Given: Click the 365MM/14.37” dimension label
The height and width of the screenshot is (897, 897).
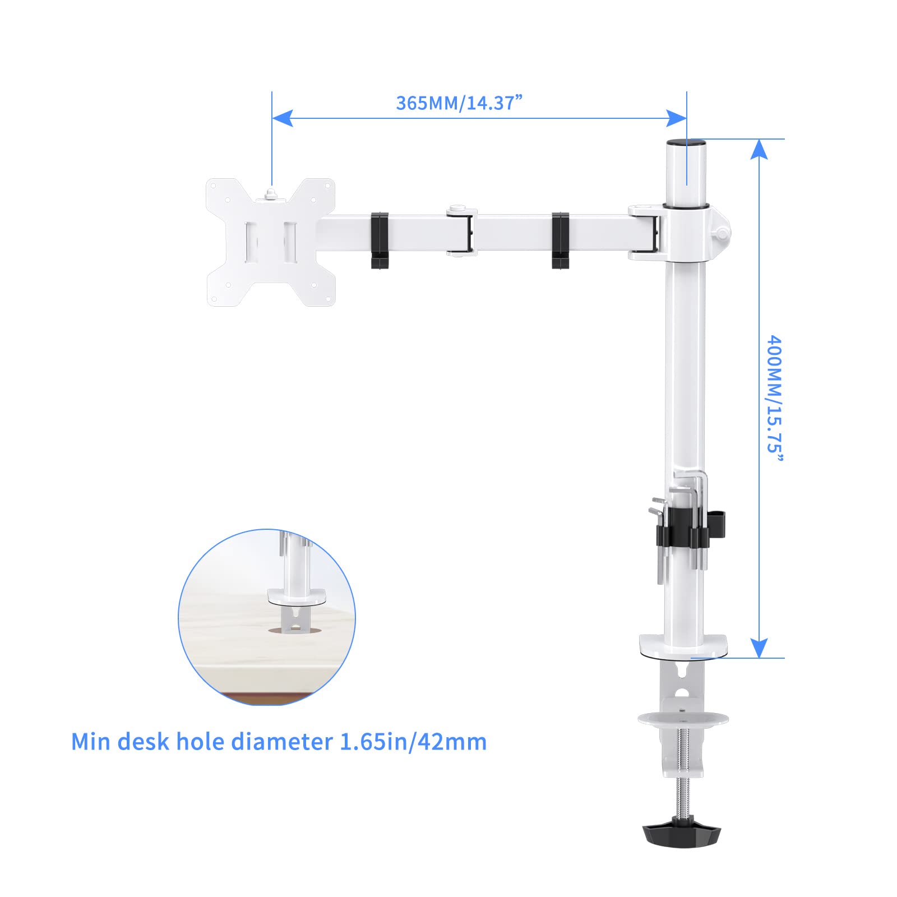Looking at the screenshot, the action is (459, 103).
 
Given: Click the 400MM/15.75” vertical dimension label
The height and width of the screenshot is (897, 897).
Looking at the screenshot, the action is (774, 399).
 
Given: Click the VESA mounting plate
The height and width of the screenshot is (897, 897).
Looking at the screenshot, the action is (270, 242).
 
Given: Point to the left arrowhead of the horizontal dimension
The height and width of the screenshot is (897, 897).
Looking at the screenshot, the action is (282, 118).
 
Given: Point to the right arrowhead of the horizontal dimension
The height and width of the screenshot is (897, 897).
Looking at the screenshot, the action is (676, 118).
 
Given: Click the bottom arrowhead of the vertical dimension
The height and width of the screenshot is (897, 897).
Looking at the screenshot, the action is (759, 648).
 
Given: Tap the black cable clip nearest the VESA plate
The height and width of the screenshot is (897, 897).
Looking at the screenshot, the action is (380, 240).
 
